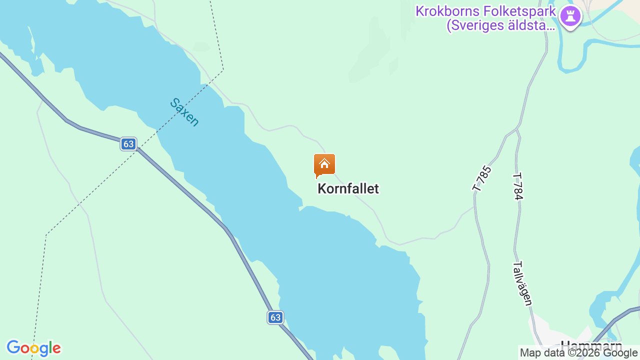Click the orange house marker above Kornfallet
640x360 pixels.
324,165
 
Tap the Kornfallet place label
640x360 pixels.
348,188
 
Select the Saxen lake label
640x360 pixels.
184,112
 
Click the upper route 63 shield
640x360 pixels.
128,144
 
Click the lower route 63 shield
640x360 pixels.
275,317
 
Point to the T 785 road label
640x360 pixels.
482,178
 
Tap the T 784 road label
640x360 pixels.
517,186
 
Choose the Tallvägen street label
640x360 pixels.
523,283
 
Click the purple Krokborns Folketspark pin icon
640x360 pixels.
570,16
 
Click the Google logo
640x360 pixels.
33,348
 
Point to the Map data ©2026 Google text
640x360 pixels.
578,353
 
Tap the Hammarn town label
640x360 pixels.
591,345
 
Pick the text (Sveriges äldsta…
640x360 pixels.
500,25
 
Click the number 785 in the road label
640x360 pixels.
485,174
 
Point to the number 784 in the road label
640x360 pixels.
518,190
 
